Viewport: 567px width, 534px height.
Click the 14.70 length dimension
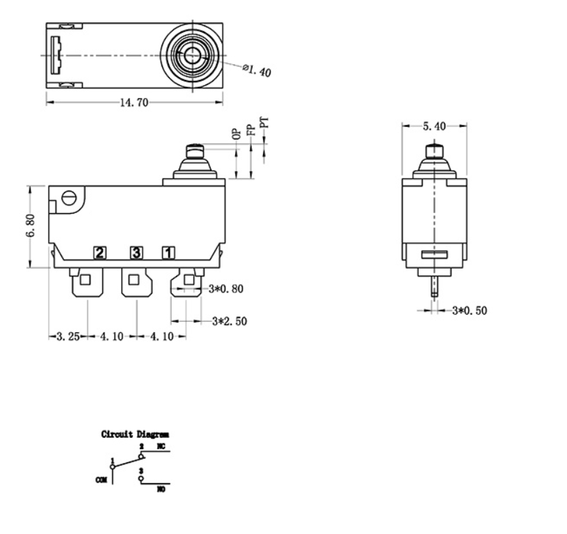click(135, 102)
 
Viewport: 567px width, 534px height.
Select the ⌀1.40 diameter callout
click(257, 70)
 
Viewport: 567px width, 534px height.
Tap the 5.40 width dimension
click(435, 126)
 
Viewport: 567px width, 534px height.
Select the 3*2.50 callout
click(230, 321)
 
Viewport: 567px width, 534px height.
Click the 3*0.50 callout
click(470, 310)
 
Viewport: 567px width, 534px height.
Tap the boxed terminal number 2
click(100, 253)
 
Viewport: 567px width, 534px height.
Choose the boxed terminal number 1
click(168, 253)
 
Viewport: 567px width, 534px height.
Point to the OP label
click(237, 133)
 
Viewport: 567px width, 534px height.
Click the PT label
click(264, 124)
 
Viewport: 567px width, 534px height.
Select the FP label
click(250, 129)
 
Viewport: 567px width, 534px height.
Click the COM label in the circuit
click(100, 480)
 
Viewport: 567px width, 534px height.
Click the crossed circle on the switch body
click(68, 198)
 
